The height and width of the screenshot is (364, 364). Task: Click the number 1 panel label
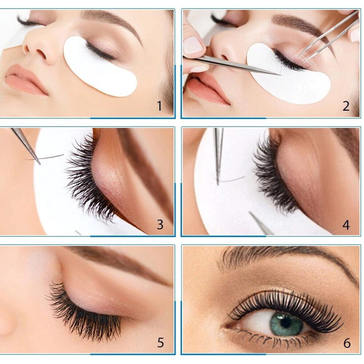pyautogui.click(x=159, y=106)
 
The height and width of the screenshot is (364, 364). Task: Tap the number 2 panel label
pyautogui.click(x=346, y=106)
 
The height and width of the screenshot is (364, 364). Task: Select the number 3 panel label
pyautogui.click(x=160, y=225)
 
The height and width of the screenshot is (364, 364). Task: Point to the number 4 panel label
pyautogui.click(x=346, y=225)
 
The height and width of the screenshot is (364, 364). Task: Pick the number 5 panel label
pyautogui.click(x=161, y=343)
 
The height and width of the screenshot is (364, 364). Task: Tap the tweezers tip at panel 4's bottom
pyautogui.click(x=251, y=213)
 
